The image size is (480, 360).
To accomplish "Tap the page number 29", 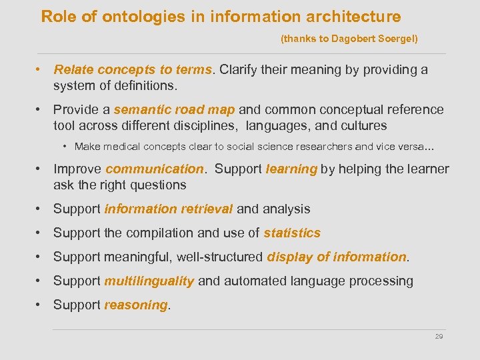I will pyautogui.click(x=439, y=337).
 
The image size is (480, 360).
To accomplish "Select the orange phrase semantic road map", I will pyautogui.click(x=174, y=109).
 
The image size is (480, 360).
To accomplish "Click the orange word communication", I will pyautogui.click(x=154, y=169).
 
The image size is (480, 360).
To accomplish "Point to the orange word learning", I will pyautogui.click(x=291, y=169).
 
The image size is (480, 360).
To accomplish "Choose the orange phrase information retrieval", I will pyautogui.click(x=169, y=209).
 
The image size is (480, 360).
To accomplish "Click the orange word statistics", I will pyautogui.click(x=292, y=233).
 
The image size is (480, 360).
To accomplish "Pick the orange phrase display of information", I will pyautogui.click(x=337, y=257).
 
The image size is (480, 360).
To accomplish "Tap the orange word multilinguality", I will pyautogui.click(x=149, y=281).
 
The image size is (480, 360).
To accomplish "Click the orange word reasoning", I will pyautogui.click(x=136, y=305).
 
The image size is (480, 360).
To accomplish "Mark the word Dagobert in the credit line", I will pyautogui.click(x=350, y=39).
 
